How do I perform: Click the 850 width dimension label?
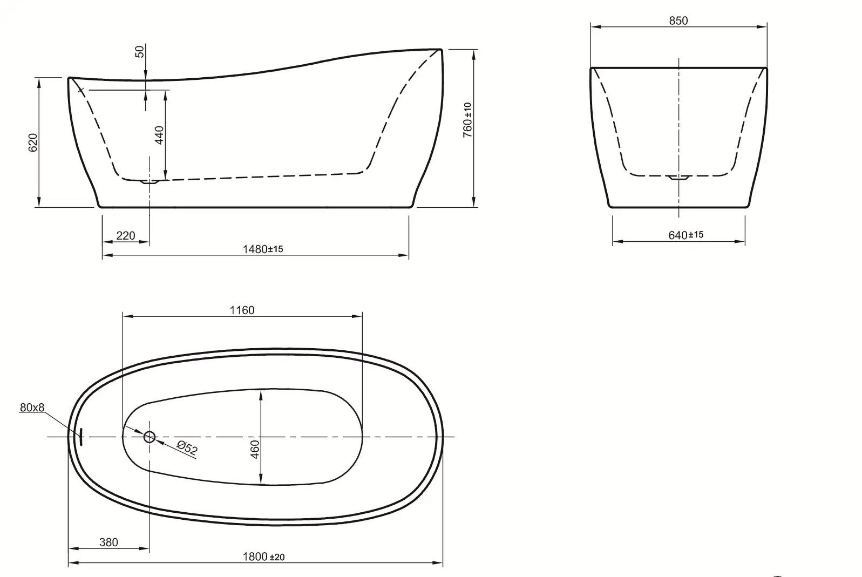pyautogui.click(x=678, y=21)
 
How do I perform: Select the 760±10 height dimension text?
pyautogui.click(x=467, y=120)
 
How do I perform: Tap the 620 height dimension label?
pyautogui.click(x=33, y=142)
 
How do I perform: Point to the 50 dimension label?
pyautogui.click(x=140, y=52)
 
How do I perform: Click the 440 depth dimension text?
pyautogui.click(x=159, y=135)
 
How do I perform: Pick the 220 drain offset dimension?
pyautogui.click(x=126, y=235)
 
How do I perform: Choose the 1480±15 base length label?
pyautogui.click(x=263, y=249)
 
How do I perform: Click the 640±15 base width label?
pyautogui.click(x=685, y=235)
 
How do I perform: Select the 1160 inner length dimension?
pyautogui.click(x=242, y=310)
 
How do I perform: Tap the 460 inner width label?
pyautogui.click(x=255, y=449)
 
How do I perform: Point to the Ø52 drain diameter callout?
pyautogui.click(x=187, y=447)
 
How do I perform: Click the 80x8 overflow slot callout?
pyautogui.click(x=32, y=408)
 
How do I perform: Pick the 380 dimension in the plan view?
pyautogui.click(x=108, y=542)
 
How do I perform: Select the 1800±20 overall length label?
pyautogui.click(x=263, y=556)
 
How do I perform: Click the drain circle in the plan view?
pyautogui.click(x=150, y=437)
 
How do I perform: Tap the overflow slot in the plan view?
pyautogui.click(x=80, y=437)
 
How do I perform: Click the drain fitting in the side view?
pyautogui.click(x=150, y=182)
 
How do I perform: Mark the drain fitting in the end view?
pyautogui.click(x=678, y=178)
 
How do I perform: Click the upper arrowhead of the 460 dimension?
pyautogui.click(x=261, y=392)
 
